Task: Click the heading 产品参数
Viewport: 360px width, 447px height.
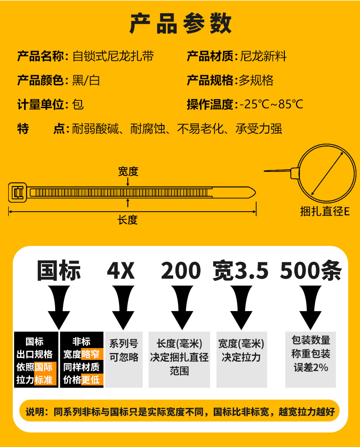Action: pyautogui.click(x=180, y=24)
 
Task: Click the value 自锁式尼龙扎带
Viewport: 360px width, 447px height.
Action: pyautogui.click(x=113, y=57)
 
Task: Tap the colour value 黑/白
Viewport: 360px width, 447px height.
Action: pyautogui.click(x=86, y=81)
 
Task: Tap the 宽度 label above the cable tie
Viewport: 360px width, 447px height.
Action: pyautogui.click(x=128, y=172)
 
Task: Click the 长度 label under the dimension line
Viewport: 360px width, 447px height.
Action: pyautogui.click(x=128, y=220)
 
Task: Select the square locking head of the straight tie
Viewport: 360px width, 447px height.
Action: pyautogui.click(x=18, y=192)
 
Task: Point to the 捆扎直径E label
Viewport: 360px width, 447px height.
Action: pyautogui.click(x=325, y=212)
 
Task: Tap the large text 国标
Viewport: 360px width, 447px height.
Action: pyautogui.click(x=59, y=270)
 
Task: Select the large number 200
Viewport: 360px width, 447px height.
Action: pyautogui.click(x=181, y=271)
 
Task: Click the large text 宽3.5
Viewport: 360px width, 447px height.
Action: pyautogui.click(x=241, y=271)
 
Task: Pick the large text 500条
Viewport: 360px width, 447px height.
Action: pyautogui.click(x=311, y=271)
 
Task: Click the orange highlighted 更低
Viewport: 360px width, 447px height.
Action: pyautogui.click(x=91, y=379)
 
